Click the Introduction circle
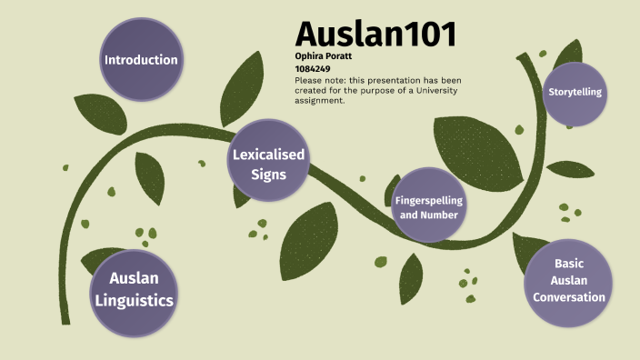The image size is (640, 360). point(140,60)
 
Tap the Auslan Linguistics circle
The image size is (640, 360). point(141,288)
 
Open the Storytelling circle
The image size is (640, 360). point(575,93)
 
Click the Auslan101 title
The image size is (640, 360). point(375,34)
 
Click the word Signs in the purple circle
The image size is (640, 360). point(269,175)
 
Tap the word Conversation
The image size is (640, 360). point(569,297)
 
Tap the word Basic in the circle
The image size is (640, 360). point(569,264)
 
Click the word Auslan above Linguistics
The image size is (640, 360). point(141,278)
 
